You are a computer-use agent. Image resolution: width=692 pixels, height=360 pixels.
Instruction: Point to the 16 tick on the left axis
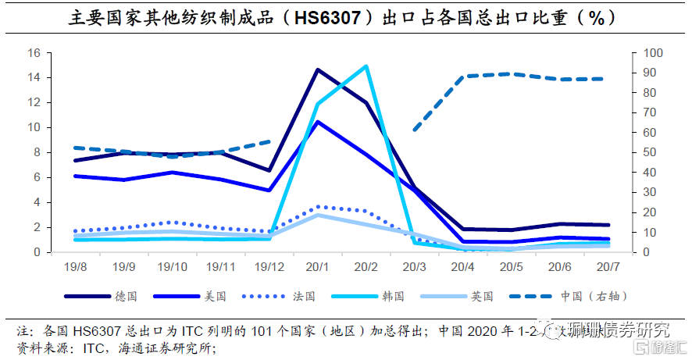pyautogui.click(x=34, y=53)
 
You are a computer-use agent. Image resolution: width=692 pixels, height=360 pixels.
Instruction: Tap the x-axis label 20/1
pyautogui.click(x=317, y=267)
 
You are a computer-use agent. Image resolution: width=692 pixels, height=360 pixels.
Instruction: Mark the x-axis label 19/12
pyautogui.click(x=268, y=267)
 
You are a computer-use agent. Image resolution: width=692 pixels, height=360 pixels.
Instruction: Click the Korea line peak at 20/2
pyautogui.click(x=366, y=66)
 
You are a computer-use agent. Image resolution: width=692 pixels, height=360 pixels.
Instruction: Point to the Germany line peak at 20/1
pyautogui.click(x=317, y=70)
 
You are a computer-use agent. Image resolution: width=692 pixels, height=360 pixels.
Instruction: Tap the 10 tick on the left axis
pyautogui.click(x=34, y=127)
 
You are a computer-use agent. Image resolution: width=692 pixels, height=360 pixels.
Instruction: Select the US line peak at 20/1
pyautogui.click(x=317, y=122)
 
